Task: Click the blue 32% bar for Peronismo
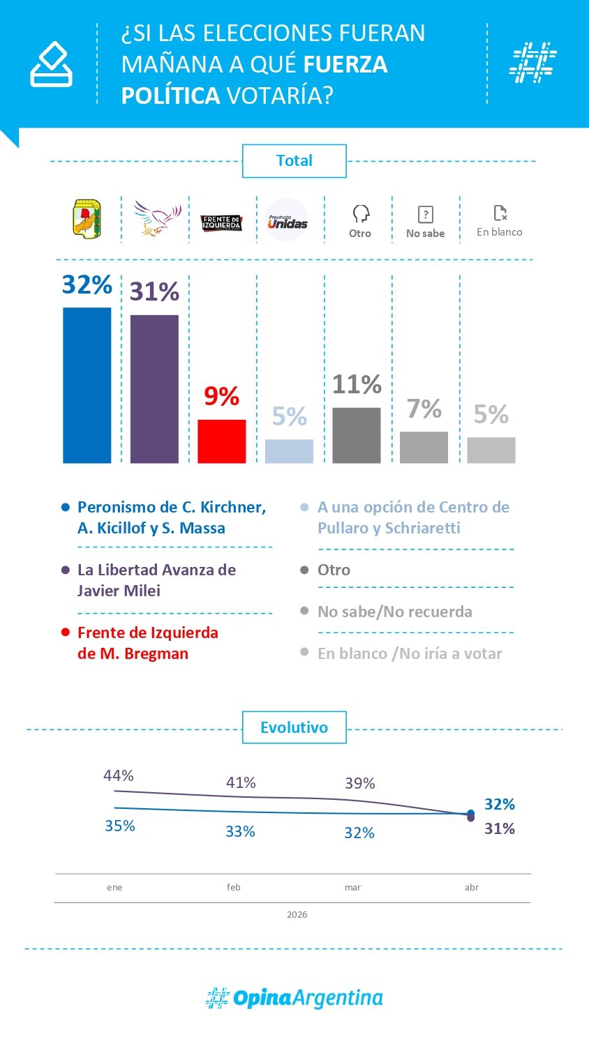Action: tap(87, 385)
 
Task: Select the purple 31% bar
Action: tap(154, 388)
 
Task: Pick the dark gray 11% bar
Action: tap(356, 435)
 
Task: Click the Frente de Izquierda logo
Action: tap(221, 222)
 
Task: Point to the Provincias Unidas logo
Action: tap(287, 220)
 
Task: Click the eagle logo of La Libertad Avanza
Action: tap(157, 218)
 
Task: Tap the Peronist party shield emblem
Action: tap(87, 218)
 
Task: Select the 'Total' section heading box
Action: tap(294, 161)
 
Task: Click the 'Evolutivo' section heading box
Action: tap(294, 727)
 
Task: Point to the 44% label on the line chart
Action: tap(119, 775)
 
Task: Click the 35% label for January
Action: tap(120, 826)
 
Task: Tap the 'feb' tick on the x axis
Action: tap(234, 887)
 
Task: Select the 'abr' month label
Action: tap(472, 887)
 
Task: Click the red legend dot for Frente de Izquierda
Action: tap(66, 632)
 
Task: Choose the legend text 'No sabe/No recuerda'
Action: tap(394, 612)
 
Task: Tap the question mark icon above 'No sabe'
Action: tap(425, 214)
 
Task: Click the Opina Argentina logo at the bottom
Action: tap(294, 998)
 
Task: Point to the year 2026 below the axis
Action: tap(297, 914)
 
